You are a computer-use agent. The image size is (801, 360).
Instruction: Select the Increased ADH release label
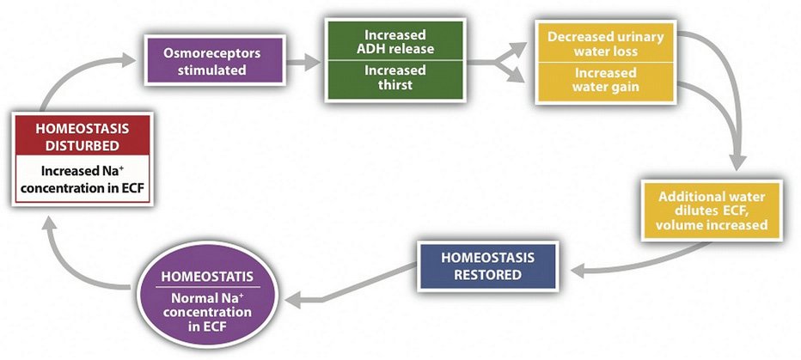(394, 42)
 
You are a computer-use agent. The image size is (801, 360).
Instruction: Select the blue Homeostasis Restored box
(488, 265)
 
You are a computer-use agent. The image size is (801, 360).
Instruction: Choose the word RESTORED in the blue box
(488, 275)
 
